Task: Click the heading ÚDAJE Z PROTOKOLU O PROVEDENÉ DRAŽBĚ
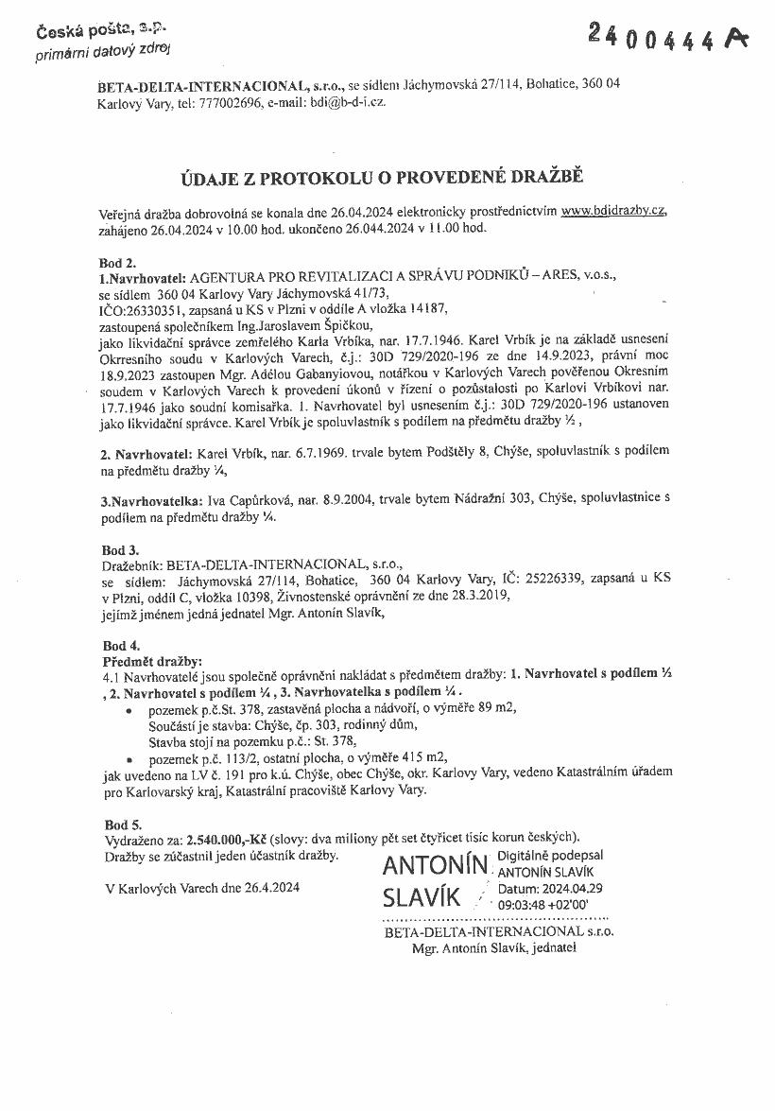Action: (x=384, y=177)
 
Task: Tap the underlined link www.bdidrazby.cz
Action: (x=619, y=212)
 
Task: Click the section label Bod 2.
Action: (x=118, y=262)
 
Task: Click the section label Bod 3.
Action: (x=120, y=548)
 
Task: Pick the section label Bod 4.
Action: (x=120, y=646)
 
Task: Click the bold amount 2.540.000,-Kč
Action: (x=227, y=839)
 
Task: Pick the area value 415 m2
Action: (x=423, y=756)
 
